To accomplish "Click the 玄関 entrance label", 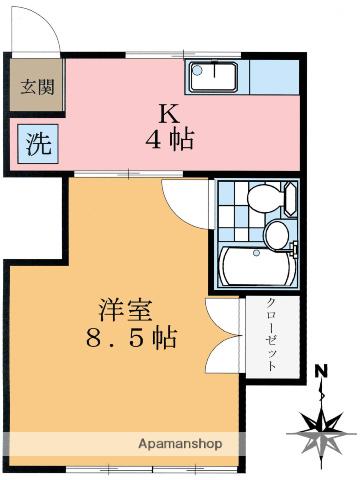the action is pos(37,87).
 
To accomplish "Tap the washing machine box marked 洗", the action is pos(38,144).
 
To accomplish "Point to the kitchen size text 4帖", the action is pos(170,140).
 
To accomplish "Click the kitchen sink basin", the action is pos(214,77).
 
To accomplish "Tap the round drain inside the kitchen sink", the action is pos(198,70).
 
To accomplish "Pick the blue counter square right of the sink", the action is pos(274,77).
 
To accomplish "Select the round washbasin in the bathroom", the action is pos(277,235).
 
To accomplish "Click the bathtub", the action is pos(257,266).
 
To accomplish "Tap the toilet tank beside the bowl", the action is pos(291,199).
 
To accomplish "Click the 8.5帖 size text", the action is pos(131,338).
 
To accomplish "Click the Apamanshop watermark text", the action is pos(180,444).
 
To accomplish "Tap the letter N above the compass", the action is pos(322,370).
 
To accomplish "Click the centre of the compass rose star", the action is pos(321,433).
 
